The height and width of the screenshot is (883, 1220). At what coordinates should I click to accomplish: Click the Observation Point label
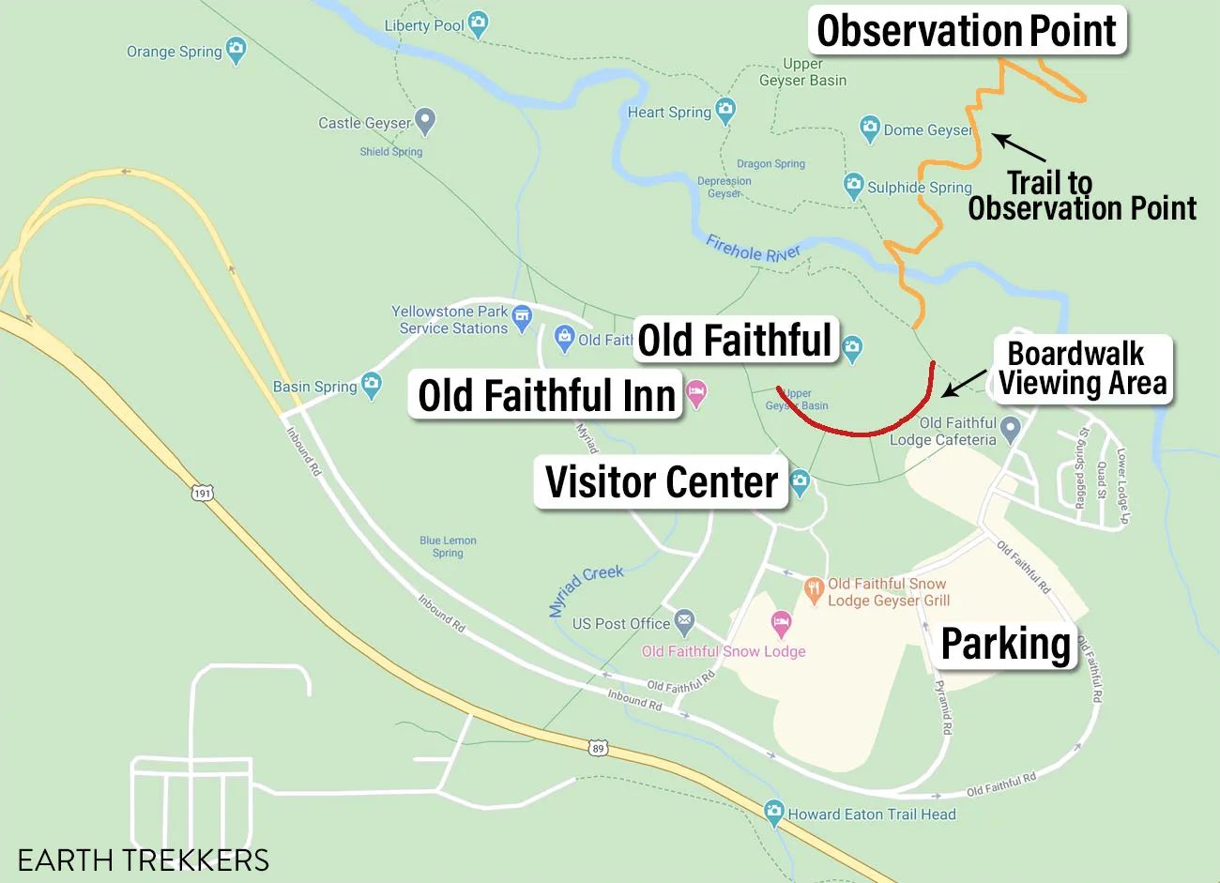coord(967,31)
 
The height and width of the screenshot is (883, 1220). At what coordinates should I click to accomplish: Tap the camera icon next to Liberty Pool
coord(478,23)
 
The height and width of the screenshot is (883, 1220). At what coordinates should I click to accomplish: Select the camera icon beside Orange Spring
coord(236,50)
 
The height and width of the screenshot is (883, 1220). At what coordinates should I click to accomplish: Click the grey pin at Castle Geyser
coord(425,119)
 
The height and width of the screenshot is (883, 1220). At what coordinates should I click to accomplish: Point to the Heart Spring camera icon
coord(725,110)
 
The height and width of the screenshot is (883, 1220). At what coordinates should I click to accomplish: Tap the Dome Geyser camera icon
coord(870,128)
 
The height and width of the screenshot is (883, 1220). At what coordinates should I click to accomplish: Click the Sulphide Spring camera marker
coord(853,185)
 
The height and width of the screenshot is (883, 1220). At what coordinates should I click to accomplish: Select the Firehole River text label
coord(753,249)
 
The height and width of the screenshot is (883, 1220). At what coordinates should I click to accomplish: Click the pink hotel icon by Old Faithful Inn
coord(696,392)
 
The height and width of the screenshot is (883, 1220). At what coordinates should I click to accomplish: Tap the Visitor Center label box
coord(662,482)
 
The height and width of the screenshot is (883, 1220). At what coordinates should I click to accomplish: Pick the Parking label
coord(1005,645)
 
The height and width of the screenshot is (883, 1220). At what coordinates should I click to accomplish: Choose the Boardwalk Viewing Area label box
coord(1082,369)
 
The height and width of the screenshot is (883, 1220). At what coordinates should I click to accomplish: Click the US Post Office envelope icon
coord(685,620)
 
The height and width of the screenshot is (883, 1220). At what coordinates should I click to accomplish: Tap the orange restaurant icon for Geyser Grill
coord(814,589)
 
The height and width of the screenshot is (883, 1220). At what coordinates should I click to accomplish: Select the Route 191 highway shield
coord(202,493)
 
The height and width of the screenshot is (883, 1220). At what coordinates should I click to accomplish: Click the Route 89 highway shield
coord(598,748)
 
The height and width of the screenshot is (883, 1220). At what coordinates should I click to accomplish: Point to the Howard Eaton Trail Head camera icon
coord(773,812)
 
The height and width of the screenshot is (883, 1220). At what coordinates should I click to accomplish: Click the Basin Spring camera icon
coord(372,384)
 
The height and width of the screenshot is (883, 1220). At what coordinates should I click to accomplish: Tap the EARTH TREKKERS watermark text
coord(144,860)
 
